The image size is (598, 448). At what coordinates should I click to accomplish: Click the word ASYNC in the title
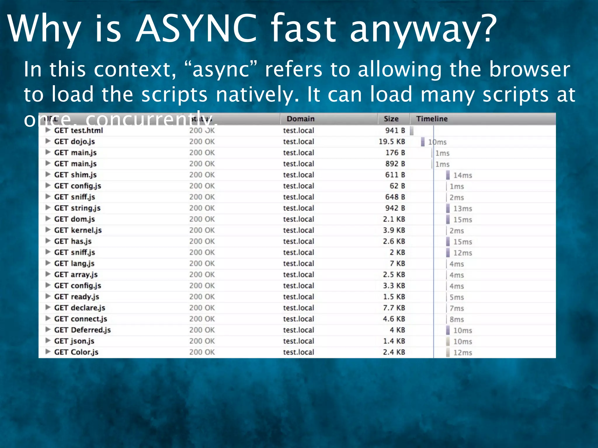[x=197, y=29]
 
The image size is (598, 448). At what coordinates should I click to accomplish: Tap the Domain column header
[x=300, y=119]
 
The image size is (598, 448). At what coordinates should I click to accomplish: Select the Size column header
[x=391, y=119]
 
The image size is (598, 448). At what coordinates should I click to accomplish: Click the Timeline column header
[x=432, y=119]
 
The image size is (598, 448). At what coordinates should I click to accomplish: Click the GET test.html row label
[x=79, y=130]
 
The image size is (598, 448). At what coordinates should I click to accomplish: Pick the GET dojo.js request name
[x=74, y=141]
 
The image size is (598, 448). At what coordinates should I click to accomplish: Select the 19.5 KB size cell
[x=392, y=141]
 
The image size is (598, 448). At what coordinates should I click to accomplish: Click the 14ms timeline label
[x=463, y=175]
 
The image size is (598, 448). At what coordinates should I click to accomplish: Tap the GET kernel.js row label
[x=78, y=230]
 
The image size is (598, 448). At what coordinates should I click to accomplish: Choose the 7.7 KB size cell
[x=394, y=308]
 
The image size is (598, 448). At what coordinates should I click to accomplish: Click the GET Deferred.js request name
[x=82, y=330]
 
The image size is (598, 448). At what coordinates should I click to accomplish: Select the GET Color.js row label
[x=76, y=352]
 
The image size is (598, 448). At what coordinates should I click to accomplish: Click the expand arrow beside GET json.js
[x=48, y=341]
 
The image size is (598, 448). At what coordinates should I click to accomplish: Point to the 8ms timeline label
[x=457, y=319]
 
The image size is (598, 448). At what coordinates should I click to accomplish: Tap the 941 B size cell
[x=395, y=130]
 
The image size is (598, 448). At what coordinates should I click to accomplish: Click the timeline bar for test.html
[x=412, y=131]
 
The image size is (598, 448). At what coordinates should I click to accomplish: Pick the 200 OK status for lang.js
[x=202, y=263]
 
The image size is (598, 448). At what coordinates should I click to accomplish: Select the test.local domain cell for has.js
[x=298, y=241]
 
